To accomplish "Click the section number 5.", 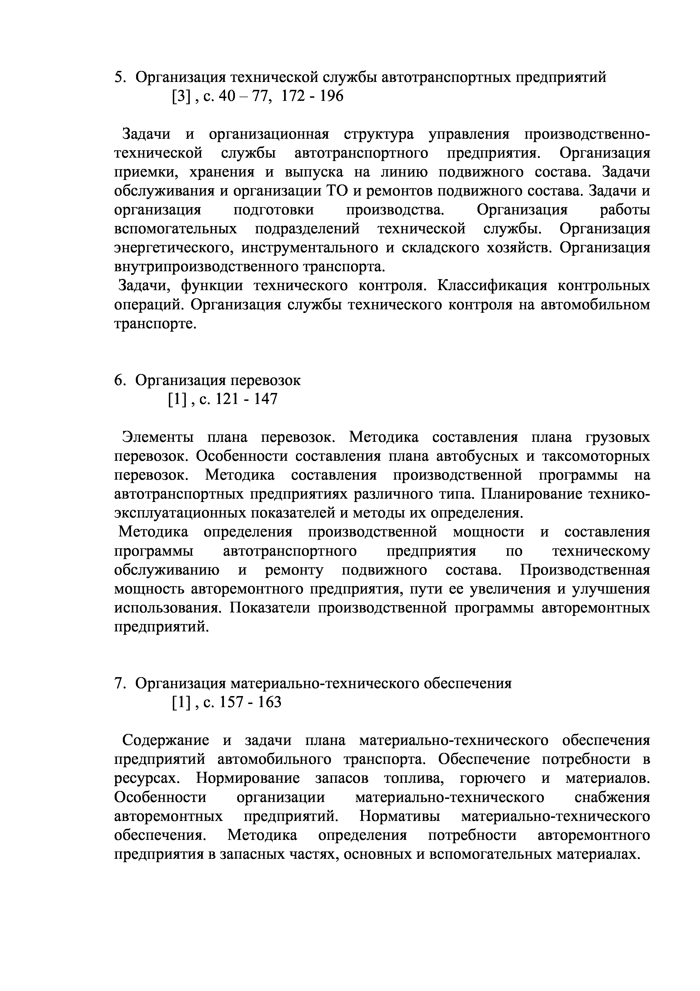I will (119, 78).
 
